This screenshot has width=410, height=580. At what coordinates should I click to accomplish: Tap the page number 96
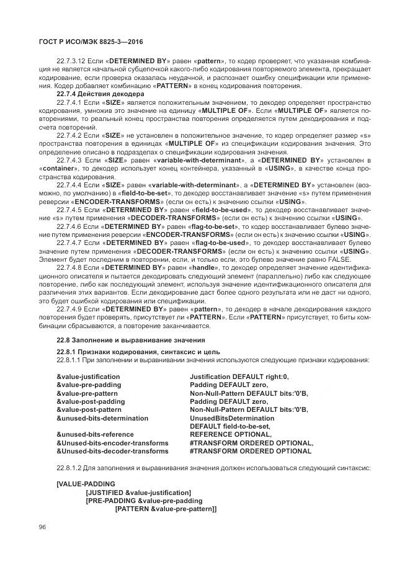(43, 527)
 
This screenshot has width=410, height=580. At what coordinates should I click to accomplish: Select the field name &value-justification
(88, 377)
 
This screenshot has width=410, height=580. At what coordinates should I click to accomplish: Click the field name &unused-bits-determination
(96, 419)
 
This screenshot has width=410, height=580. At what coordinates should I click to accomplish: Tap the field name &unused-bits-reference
(91, 435)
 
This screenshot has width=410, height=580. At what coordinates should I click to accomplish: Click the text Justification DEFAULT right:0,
(239, 377)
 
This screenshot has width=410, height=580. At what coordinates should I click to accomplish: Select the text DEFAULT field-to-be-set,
(230, 427)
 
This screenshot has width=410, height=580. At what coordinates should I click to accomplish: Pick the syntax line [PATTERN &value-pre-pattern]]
(165, 509)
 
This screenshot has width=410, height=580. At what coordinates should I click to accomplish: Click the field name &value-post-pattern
(89, 410)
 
